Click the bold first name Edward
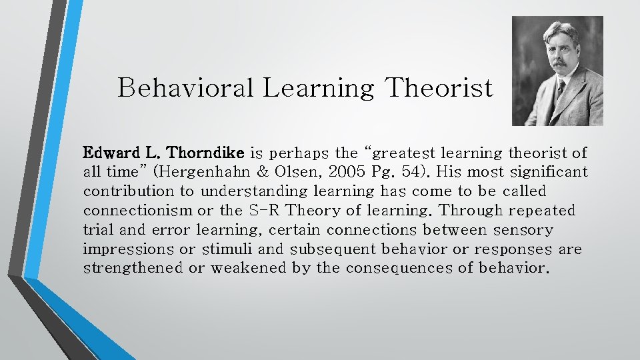[x=109, y=153]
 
